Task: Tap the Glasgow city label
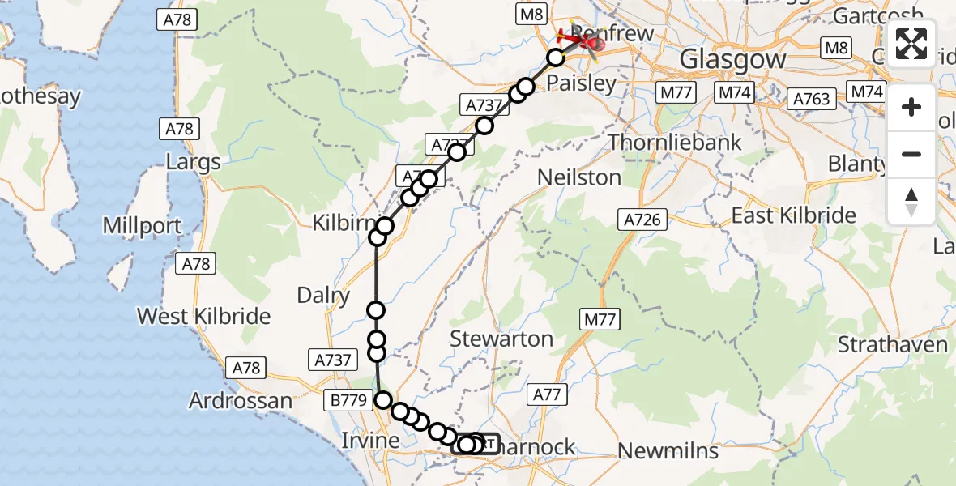coord(732,59)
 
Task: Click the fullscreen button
coord(911,44)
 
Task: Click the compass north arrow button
coord(911,201)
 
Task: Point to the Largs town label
coord(193,162)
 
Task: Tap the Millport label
coord(143,225)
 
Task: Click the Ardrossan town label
coord(241,400)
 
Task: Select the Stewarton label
coord(501,339)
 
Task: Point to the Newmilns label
coord(668,450)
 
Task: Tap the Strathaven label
coord(893,344)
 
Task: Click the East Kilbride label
coord(793,215)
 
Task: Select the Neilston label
coord(579,177)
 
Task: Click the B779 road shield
coord(350,400)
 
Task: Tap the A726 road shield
coord(645,219)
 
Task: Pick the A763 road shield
coord(811,99)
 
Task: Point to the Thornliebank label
coord(675,143)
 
